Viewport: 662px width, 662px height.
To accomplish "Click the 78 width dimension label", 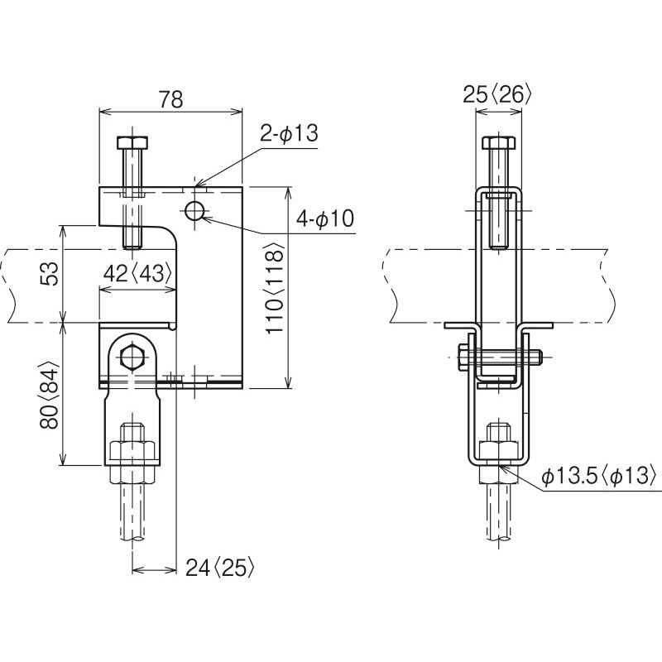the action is tap(171, 99).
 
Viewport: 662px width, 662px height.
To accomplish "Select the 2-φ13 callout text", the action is tap(288, 133).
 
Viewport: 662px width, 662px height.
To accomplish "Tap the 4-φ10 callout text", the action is tap(324, 218).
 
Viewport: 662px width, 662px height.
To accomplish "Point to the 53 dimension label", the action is tap(50, 274).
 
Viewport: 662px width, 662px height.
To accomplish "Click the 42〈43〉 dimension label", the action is tap(137, 274).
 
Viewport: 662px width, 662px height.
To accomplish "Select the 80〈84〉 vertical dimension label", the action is tap(50, 396).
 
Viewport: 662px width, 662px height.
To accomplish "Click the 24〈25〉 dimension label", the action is tap(220, 568).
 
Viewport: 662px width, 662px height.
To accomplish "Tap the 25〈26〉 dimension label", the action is tap(496, 94).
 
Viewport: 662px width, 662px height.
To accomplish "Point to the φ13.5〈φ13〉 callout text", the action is tap(599, 477).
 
